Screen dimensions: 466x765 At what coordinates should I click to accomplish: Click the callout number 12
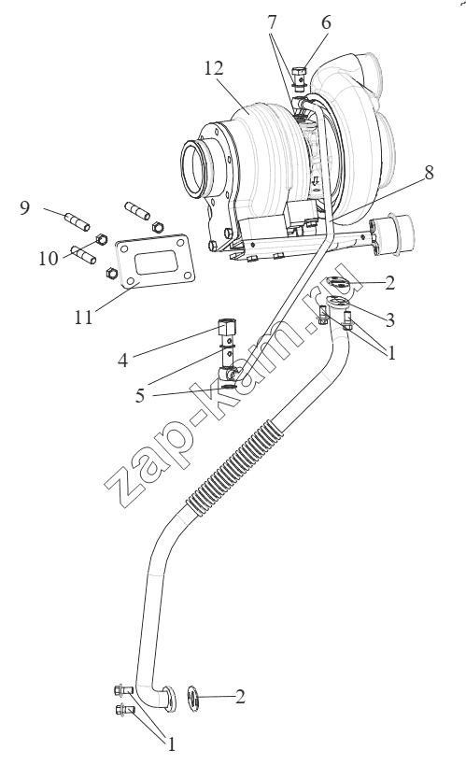[x=213, y=68]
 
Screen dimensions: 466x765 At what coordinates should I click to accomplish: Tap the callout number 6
[x=326, y=23]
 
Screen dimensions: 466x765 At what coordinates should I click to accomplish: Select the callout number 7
[x=272, y=23]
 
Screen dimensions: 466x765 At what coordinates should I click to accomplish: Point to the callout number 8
[x=429, y=172]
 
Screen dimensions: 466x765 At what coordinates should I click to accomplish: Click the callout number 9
[x=24, y=208]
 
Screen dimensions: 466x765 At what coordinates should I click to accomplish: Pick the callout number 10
[x=49, y=258]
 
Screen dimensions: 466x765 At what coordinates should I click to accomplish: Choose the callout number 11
[x=83, y=318]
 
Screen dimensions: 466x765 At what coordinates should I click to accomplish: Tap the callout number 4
[x=122, y=361]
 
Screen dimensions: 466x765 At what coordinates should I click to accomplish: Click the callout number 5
[x=140, y=396]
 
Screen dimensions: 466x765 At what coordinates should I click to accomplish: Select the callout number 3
[x=389, y=320]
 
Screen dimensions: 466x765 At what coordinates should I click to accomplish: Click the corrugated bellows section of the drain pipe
[x=234, y=466]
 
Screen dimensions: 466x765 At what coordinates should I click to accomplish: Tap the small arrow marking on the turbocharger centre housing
[x=316, y=180]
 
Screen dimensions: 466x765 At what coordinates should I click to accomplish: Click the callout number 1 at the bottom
[x=171, y=744]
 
